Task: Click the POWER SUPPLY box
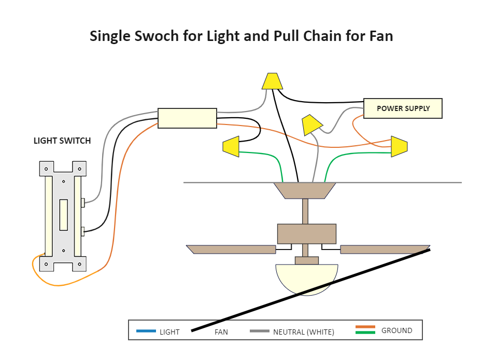coord(403,108)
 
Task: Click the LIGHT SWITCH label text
coord(62,141)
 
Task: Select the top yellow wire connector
coord(272,81)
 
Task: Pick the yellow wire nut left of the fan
coord(231,146)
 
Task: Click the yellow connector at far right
coord(399,147)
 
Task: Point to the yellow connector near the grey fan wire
coord(311,124)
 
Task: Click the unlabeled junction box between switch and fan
coord(187,118)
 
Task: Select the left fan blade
coord(231,250)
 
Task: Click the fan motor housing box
coord(306,233)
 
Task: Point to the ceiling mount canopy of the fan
coord(305,190)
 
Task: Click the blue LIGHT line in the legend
coord(146,331)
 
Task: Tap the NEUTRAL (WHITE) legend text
coord(303,332)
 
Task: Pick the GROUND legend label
coord(396,330)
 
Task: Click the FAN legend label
coord(221,332)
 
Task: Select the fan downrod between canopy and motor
coord(305,211)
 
